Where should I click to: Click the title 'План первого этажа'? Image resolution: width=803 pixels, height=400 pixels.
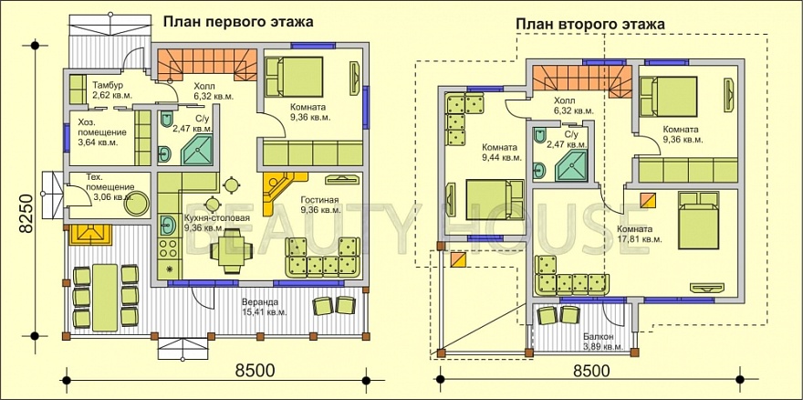pos(238,20)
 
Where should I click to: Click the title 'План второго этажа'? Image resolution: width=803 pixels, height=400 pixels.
pos(589,23)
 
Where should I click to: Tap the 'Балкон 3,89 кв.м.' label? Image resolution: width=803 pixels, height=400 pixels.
pos(602,342)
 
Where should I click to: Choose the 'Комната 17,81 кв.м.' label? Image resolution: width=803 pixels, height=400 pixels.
pos(640,234)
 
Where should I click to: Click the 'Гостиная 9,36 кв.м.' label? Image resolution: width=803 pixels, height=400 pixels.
pos(319,205)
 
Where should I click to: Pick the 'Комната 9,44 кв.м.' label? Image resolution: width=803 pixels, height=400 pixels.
pos(501,152)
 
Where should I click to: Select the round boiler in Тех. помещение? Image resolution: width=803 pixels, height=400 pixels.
pos(136,204)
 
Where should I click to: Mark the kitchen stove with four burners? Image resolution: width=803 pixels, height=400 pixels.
pos(168,246)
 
